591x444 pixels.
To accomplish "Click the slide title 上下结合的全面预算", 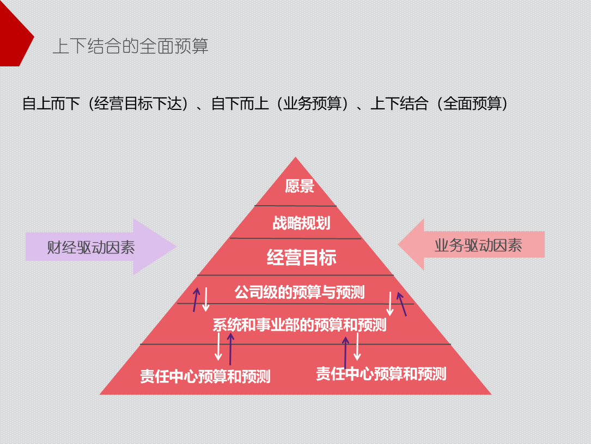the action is click(130, 46).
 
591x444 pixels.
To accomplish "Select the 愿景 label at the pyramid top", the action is click(300, 186).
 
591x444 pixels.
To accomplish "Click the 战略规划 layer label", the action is click(301, 223).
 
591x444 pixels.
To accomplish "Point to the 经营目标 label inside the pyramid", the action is click(301, 257).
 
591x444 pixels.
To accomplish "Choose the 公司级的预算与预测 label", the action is click(299, 292).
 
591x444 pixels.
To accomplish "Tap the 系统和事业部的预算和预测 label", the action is click(299, 325).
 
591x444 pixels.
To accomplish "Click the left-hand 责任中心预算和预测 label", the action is click(205, 377).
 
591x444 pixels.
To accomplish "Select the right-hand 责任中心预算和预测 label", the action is click(381, 374).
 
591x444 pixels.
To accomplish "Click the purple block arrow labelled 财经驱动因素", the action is click(98, 247).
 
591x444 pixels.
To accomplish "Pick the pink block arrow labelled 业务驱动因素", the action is click(474, 245).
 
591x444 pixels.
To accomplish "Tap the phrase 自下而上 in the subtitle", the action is click(240, 103).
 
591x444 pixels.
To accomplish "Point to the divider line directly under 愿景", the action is click(296, 206).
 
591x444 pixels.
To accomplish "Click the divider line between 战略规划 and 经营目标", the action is click(296, 238).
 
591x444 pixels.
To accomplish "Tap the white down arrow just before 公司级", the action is click(206, 300).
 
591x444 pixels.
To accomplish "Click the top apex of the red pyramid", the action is click(296, 159).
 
